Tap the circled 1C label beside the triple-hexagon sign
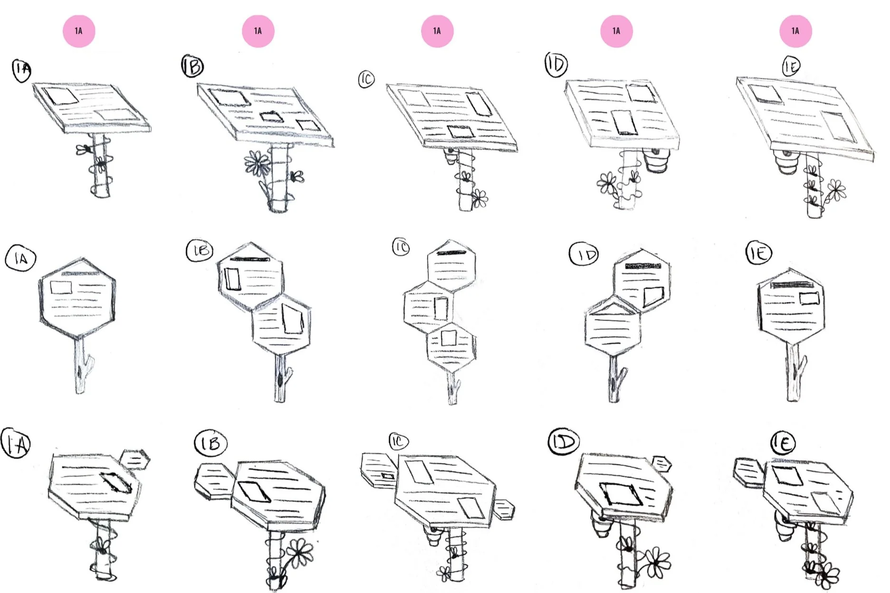[x=401, y=247]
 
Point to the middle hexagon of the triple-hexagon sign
[x=429, y=306]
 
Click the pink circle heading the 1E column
[x=795, y=31]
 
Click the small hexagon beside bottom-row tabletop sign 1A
[x=136, y=459]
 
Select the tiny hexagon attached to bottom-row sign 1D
[x=661, y=463]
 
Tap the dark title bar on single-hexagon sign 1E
[x=791, y=285]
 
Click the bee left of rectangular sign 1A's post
[x=84, y=150]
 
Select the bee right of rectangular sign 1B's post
[x=297, y=177]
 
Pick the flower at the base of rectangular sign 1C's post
[x=479, y=197]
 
